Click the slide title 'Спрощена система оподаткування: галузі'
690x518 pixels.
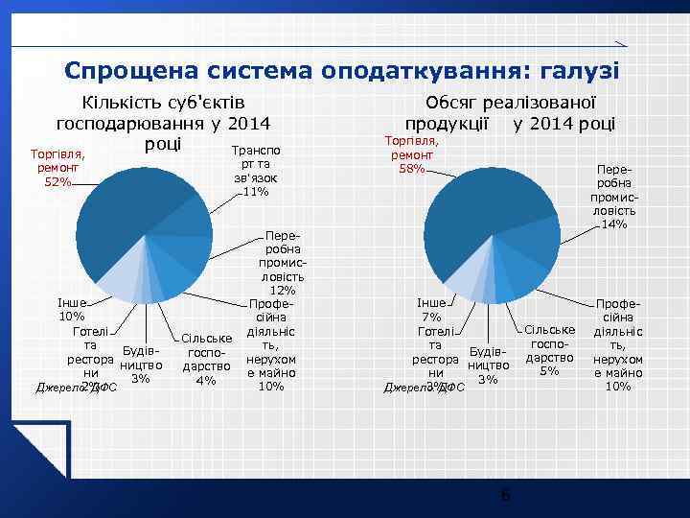pyautogui.click(x=341, y=71)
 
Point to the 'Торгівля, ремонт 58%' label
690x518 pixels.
pyautogui.click(x=411, y=155)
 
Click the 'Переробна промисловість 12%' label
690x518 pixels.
pyautogui.click(x=282, y=262)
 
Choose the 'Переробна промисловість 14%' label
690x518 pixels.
pyautogui.click(x=614, y=197)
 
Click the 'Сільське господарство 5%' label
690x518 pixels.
pyautogui.click(x=549, y=350)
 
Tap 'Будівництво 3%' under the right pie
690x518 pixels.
pyautogui.click(x=488, y=365)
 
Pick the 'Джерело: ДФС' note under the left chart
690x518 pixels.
pyautogui.click(x=76, y=388)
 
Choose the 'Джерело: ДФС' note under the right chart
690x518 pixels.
pyautogui.click(x=424, y=388)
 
